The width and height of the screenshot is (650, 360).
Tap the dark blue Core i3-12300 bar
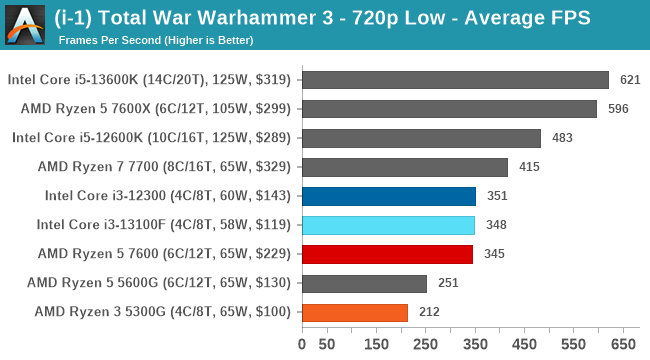coord(388,196)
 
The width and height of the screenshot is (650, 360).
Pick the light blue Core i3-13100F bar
coord(387,225)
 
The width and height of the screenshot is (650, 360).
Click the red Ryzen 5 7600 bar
coord(386,254)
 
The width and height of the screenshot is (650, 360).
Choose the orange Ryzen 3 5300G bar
coord(354,312)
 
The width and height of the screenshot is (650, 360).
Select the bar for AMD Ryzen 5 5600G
coord(363,283)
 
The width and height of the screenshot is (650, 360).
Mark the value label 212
coord(428,312)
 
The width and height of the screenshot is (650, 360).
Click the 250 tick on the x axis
coord(426,345)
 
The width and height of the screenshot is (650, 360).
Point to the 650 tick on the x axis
coord(624,345)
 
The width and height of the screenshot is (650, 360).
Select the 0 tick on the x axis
coord(302,345)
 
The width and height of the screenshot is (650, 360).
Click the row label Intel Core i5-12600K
coord(151,138)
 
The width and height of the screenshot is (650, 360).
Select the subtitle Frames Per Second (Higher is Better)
coord(155,40)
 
